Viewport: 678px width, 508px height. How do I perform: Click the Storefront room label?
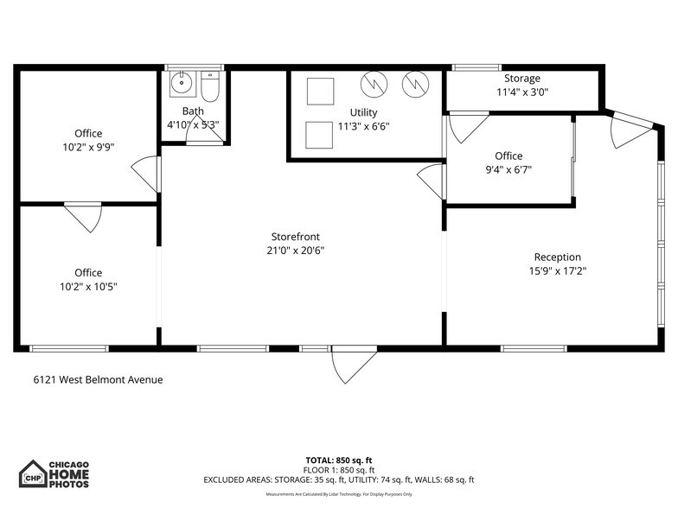point(297,236)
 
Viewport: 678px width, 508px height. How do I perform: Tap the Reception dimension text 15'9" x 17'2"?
point(557,270)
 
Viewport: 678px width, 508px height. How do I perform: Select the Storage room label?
point(522,79)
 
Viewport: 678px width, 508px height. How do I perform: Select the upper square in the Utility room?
point(320,91)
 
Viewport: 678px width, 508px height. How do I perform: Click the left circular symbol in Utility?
point(374,84)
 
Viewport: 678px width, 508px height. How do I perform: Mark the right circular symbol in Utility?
point(415,84)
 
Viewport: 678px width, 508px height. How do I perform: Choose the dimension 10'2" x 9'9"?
point(87,147)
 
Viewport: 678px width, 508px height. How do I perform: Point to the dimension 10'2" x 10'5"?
point(87,286)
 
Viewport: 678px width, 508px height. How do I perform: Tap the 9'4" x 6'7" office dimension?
point(508,169)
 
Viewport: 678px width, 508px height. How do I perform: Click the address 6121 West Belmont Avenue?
point(98,379)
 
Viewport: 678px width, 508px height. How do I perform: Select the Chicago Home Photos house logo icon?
point(33,474)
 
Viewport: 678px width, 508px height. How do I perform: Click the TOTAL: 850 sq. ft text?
point(338,460)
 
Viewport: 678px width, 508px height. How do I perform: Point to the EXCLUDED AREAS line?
point(338,479)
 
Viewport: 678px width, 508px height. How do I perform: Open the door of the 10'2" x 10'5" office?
point(83,217)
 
